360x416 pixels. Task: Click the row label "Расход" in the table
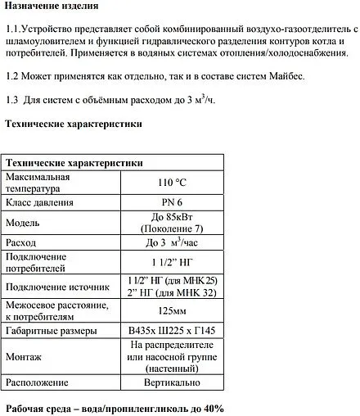point(22,243)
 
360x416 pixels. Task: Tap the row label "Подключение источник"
point(57,287)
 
